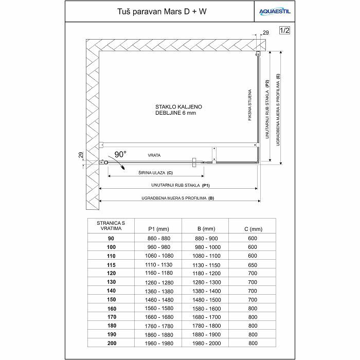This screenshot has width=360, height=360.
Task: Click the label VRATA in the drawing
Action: coord(154,155)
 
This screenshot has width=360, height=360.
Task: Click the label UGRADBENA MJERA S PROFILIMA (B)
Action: coord(177,197)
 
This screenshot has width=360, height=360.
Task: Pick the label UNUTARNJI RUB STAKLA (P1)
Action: coord(179,185)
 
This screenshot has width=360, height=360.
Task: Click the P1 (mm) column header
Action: coord(158,228)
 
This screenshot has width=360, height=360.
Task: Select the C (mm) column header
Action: coord(252,228)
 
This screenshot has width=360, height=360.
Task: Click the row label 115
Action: coord(111,264)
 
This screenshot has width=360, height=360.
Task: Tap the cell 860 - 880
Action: coord(158,238)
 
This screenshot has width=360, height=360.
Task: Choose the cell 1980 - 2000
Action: coord(206,343)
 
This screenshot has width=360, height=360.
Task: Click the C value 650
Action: coord(252,264)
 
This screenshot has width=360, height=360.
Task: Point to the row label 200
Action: coord(111,343)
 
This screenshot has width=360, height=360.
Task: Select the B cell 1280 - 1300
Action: coord(206,282)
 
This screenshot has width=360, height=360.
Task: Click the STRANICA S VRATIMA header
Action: coord(111,225)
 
